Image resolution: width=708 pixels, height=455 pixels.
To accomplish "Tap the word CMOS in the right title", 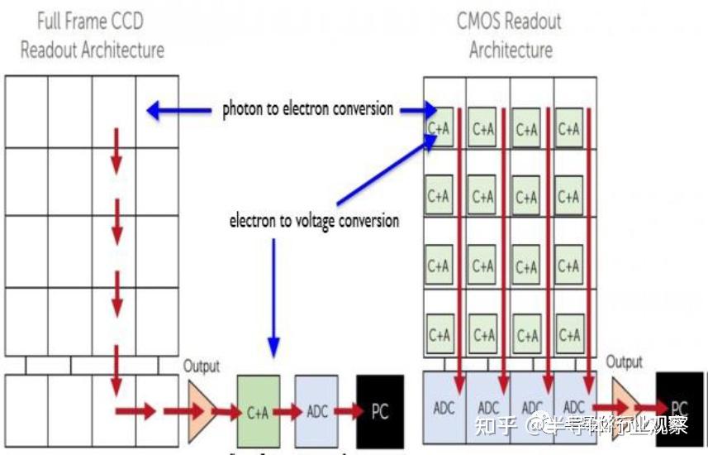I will [485, 21].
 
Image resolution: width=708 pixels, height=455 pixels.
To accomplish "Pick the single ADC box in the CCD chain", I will [318, 412].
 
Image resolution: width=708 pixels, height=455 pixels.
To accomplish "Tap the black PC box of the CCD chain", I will [379, 411].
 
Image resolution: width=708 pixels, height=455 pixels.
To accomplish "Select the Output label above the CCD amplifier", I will [202, 366].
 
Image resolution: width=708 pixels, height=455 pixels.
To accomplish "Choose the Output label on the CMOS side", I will [625, 362].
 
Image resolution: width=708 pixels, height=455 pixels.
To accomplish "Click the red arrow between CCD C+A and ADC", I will [287, 411].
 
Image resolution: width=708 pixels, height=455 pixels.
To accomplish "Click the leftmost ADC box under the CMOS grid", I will [444, 408].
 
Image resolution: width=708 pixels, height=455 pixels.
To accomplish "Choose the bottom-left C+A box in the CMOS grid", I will [439, 334].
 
